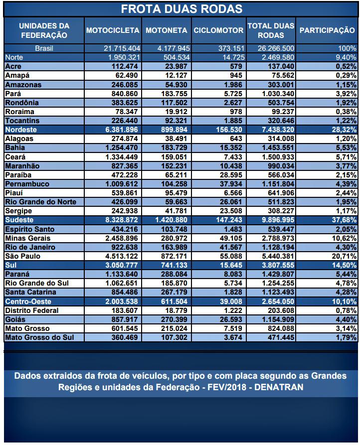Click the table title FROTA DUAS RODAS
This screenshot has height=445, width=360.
pyautogui.click(x=181, y=9)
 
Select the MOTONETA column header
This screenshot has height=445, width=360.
pyautogui.click(x=166, y=30)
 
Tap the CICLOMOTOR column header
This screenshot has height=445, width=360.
pyautogui.click(x=218, y=30)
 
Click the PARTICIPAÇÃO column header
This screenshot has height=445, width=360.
pyautogui.click(x=327, y=30)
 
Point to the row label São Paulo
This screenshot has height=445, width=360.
pyautogui.click(x=22, y=257)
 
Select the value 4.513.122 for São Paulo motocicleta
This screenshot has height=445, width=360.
pyautogui.click(x=121, y=257)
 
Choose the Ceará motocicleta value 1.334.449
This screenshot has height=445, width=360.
pyautogui.click(x=121, y=157)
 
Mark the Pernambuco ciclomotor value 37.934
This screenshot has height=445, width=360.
pyautogui.click(x=231, y=184)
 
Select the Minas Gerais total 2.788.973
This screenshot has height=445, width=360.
pyautogui.click(x=274, y=239)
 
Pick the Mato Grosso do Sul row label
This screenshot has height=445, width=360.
pyautogui.click(x=37, y=338)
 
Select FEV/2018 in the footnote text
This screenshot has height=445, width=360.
pyautogui.click(x=225, y=387)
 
